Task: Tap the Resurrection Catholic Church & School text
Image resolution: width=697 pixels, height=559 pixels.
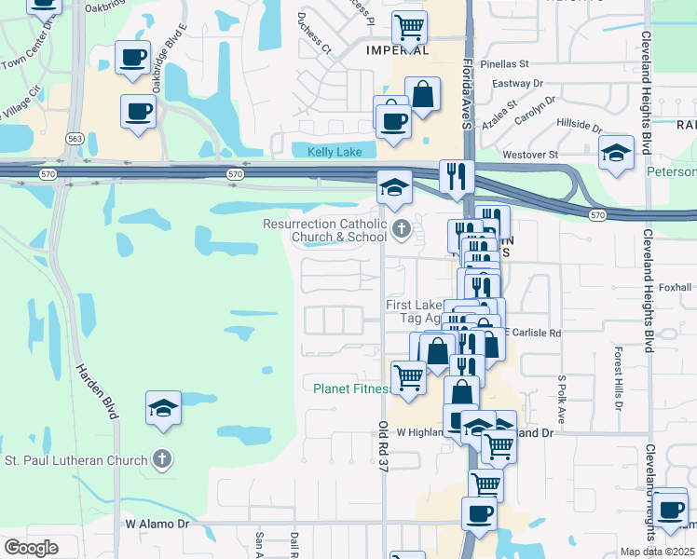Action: click(x=324, y=230)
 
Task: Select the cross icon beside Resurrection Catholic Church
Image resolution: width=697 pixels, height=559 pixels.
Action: click(x=402, y=228)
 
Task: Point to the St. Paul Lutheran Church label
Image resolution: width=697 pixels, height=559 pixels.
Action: click(x=76, y=460)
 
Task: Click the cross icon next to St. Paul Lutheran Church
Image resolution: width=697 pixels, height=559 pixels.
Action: click(x=162, y=458)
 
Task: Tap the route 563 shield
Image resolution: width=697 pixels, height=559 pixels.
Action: click(x=75, y=138)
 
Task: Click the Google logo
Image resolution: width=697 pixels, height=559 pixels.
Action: click(x=31, y=547)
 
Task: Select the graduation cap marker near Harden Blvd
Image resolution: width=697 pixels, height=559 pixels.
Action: click(x=163, y=407)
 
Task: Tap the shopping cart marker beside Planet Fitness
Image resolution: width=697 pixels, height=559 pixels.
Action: click(x=408, y=377)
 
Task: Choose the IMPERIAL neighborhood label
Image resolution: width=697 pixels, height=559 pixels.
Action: click(x=398, y=50)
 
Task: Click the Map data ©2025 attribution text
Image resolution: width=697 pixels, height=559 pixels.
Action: click(x=658, y=552)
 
